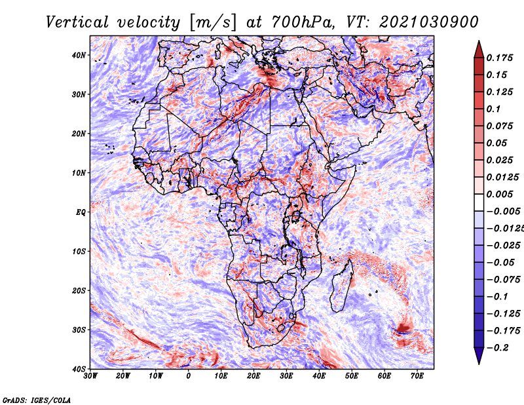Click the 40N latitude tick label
click(79, 55)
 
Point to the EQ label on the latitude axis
click(81, 212)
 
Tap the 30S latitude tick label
click(79, 330)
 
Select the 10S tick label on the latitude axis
click(79, 251)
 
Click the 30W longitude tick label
click(90, 376)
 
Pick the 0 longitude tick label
click(189, 376)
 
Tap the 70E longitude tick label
click(417, 376)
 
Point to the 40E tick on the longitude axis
click(319, 376)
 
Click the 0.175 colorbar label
click(500, 58)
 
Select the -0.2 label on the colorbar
click(497, 348)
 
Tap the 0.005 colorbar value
click(500, 194)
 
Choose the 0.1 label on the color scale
click(494, 109)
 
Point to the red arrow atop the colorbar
click(479, 49)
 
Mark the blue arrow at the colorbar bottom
click(479, 356)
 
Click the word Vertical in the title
click(77, 22)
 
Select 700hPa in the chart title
click(303, 22)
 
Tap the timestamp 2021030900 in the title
click(429, 22)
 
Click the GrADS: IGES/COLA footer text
click(37, 400)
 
